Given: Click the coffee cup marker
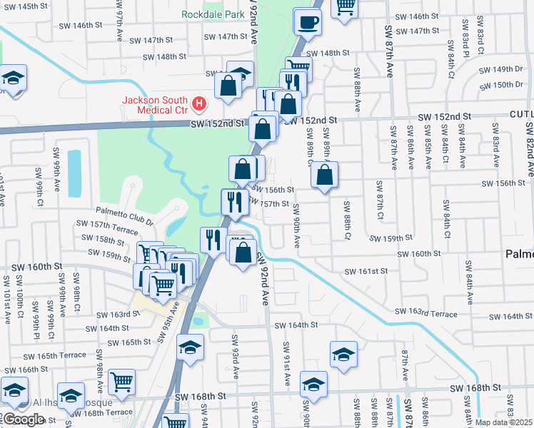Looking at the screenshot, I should click(307, 22).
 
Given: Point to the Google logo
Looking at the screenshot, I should click(23, 419).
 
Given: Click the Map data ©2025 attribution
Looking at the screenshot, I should click(504, 422).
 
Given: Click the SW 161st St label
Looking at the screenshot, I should click(366, 271).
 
